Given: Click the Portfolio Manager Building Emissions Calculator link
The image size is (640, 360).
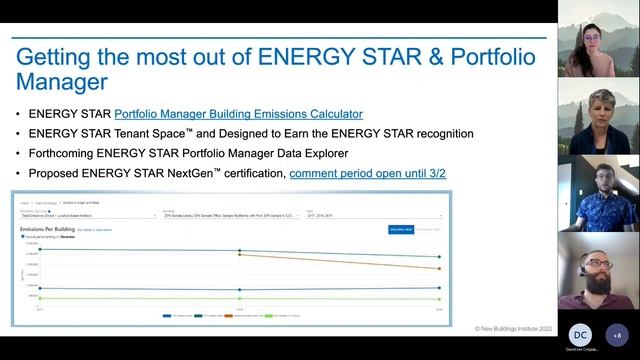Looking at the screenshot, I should tap(238, 114).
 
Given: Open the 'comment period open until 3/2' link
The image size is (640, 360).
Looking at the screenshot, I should tap(367, 174).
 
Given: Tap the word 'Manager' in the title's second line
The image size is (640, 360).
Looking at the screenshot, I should tap(68, 82).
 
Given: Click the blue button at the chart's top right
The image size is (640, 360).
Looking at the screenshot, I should tap(400, 229).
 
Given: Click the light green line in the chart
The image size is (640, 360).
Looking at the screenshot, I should tap(240, 298).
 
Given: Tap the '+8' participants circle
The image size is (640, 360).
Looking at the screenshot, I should tap(616, 334).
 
